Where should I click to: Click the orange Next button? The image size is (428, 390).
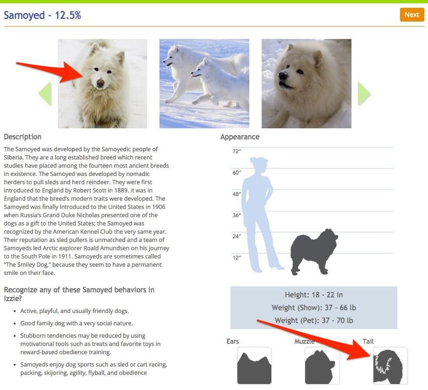pos(412,15)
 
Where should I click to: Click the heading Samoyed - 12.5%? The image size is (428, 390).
pos(42,16)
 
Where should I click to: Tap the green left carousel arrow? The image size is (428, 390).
pos(45,93)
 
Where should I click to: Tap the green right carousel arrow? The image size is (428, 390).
pos(364,93)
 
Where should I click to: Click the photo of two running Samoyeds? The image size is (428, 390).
pos(204,83)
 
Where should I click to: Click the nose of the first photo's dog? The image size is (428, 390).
pos(101,82)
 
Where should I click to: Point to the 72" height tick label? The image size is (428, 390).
pos(236,151)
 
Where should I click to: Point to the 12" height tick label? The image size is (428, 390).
pos(236,258)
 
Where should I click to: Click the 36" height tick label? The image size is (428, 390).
pos(236,215)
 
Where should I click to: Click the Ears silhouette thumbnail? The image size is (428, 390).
pos(254,366)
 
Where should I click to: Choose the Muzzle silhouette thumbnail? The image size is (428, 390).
pos(322,366)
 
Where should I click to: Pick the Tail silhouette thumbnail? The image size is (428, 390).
pos(390,366)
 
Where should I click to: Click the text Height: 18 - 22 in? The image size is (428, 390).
pos(314,295)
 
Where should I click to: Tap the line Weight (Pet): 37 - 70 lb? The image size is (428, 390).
pos(314,320)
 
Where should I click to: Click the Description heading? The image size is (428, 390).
pos(22,137)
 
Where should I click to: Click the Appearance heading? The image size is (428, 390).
pos(240,137)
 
